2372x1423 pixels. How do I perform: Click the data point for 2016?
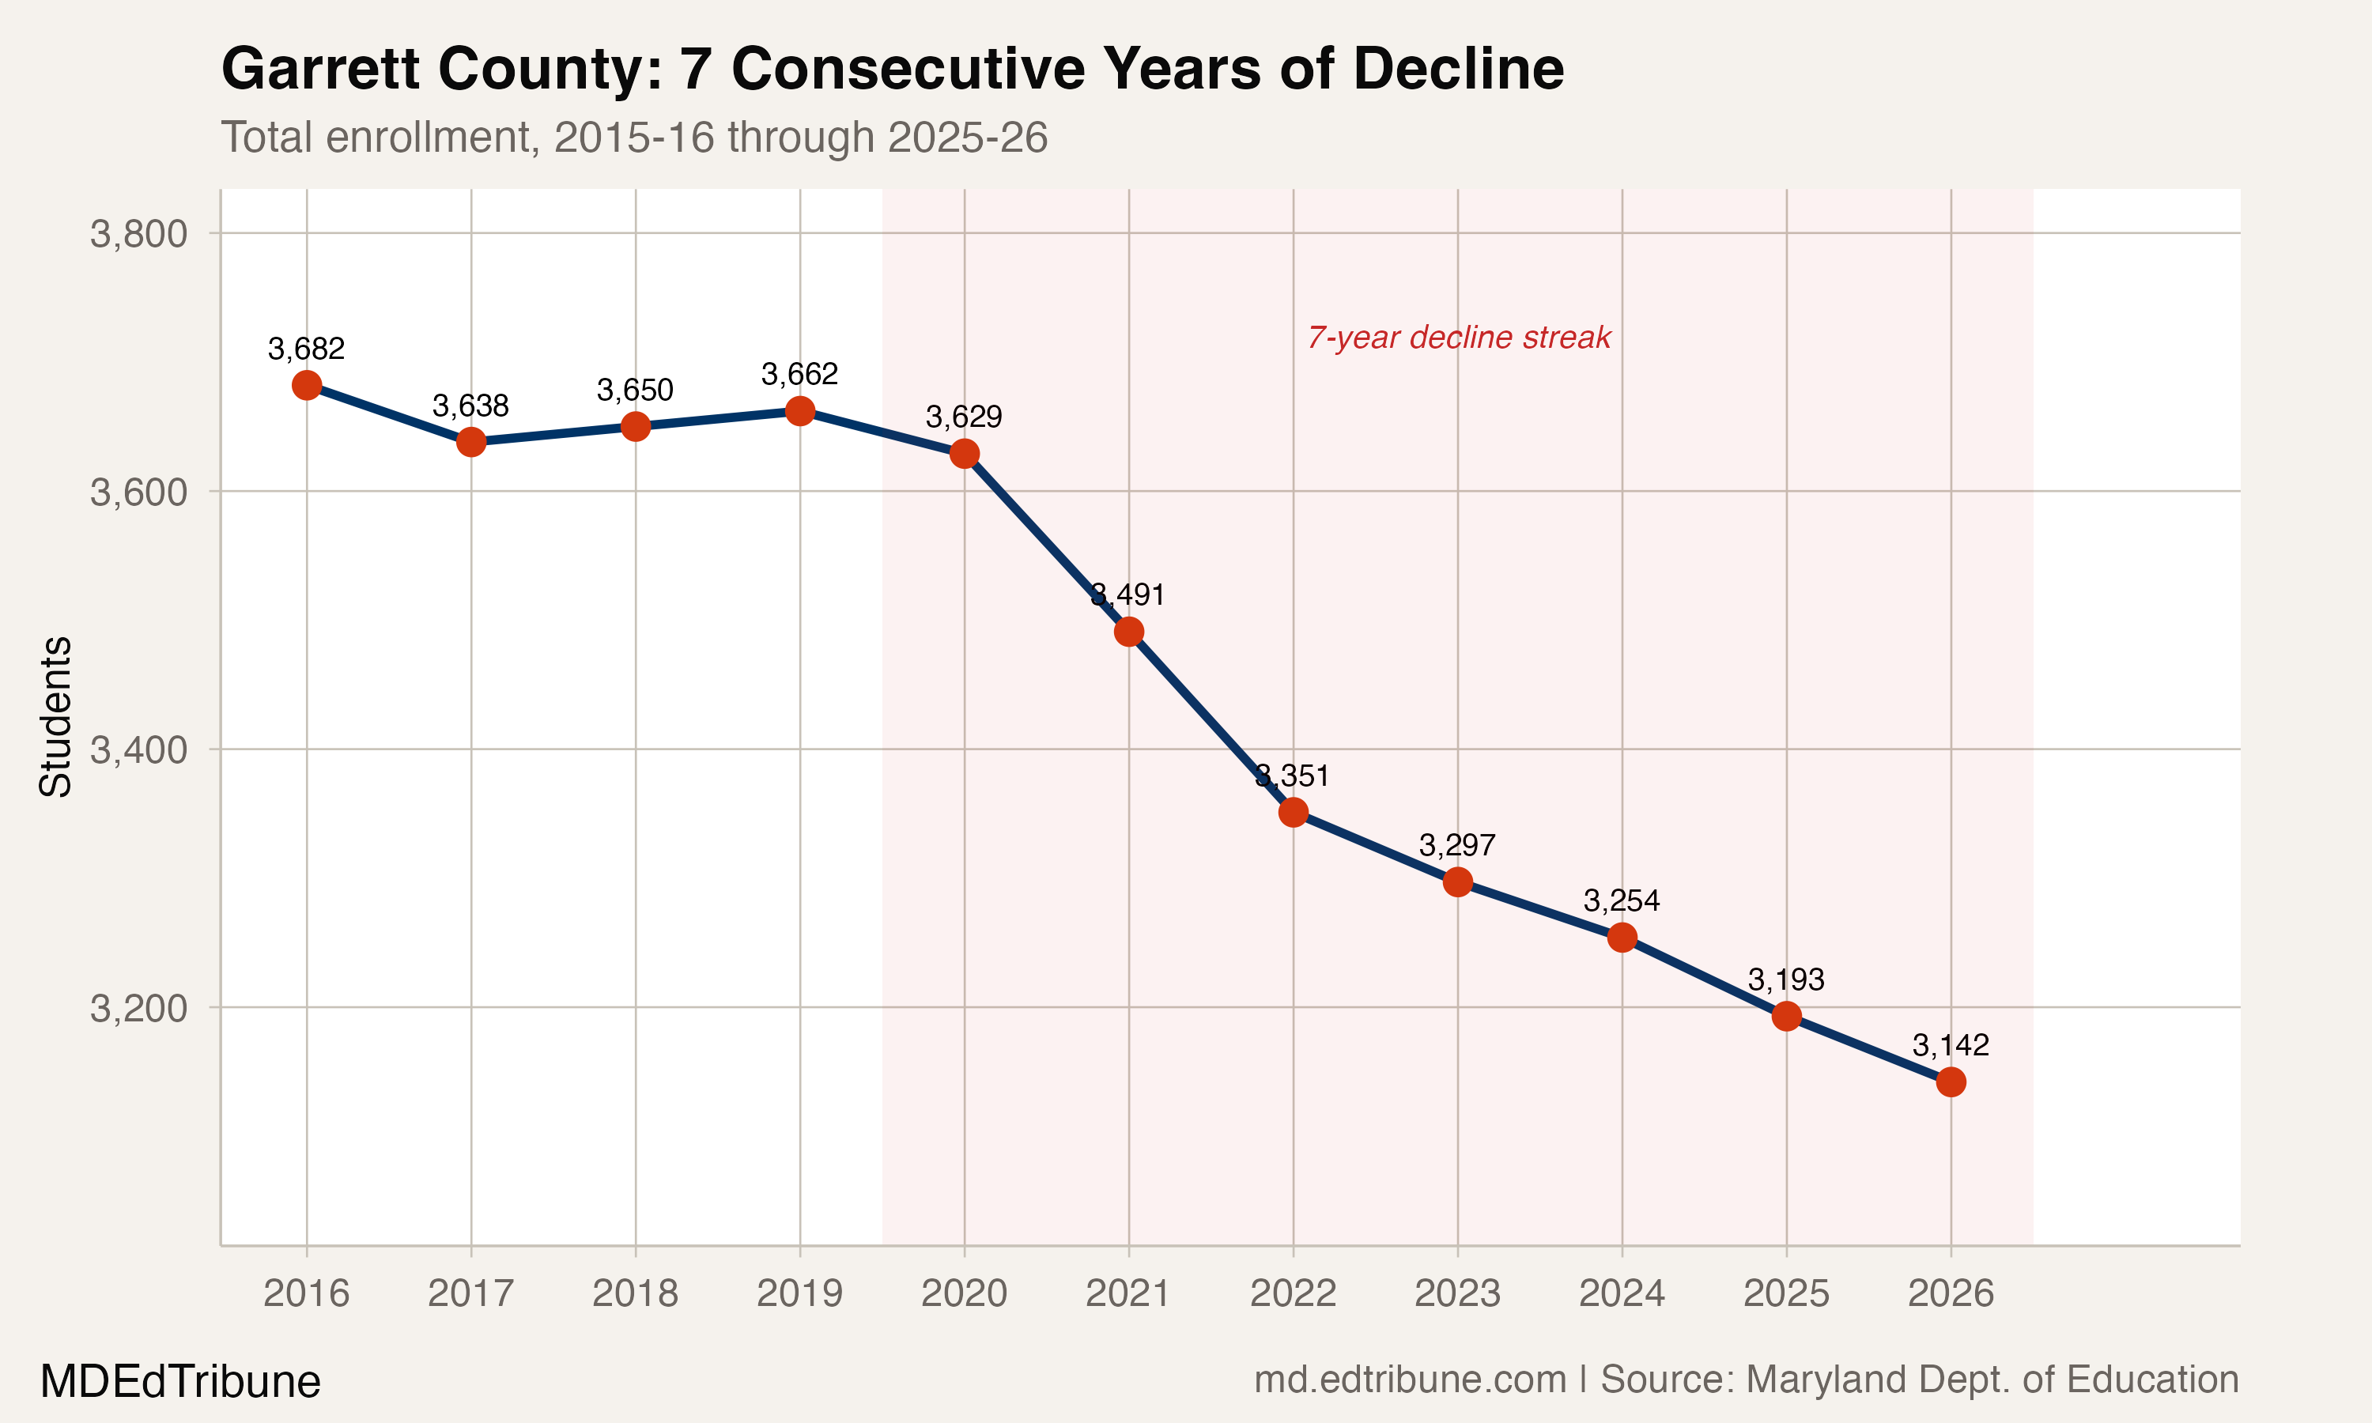pyautogui.click(x=307, y=386)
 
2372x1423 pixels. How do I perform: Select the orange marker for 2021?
pyautogui.click(x=1128, y=632)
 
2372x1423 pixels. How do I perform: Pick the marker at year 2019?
pyautogui.click(x=799, y=411)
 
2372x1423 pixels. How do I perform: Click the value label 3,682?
pyautogui.click(x=306, y=349)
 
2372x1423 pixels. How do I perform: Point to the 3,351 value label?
pyautogui.click(x=1293, y=776)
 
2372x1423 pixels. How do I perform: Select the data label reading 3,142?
pyautogui.click(x=1950, y=1045)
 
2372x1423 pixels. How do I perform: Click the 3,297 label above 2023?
pyautogui.click(x=1457, y=846)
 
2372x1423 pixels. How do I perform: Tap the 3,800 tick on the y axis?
pyautogui.click(x=138, y=234)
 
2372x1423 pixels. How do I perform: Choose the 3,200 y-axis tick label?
pyautogui.click(x=138, y=1009)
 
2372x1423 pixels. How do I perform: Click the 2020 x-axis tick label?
pyautogui.click(x=964, y=1293)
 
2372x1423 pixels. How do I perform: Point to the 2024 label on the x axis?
pyautogui.click(x=1622, y=1293)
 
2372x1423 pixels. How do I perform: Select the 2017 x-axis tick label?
pyautogui.click(x=470, y=1293)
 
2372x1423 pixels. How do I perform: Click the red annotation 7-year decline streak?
pyautogui.click(x=1458, y=338)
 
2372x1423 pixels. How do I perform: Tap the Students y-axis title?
pyautogui.click(x=55, y=716)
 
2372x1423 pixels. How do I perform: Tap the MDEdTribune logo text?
pyautogui.click(x=180, y=1382)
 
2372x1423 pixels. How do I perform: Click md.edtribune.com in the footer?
pyautogui.click(x=1410, y=1380)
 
